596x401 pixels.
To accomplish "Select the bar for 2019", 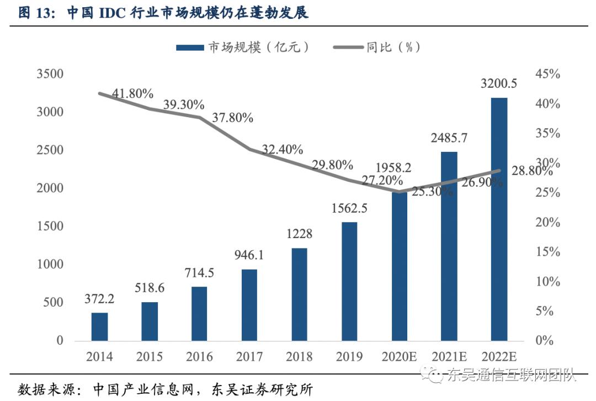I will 349,281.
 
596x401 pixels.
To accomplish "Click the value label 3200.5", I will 499,84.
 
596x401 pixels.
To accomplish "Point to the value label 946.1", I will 249,255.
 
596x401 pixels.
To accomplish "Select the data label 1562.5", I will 349,208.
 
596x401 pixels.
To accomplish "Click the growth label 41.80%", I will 132,94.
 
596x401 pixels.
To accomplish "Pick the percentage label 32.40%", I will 282,149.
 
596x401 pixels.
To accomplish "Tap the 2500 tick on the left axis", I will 50,150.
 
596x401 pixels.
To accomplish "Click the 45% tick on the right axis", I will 547,75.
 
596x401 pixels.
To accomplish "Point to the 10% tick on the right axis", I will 547,282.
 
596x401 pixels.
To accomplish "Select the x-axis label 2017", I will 249,357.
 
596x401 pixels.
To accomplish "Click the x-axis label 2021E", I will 449,357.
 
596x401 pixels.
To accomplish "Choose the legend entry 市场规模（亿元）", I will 243,48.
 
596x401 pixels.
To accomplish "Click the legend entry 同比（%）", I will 378,48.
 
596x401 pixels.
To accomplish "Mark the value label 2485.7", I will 449,138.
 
